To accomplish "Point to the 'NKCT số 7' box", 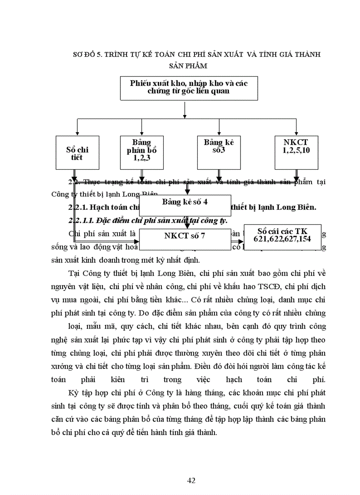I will click(185, 236).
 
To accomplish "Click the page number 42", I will click(191, 480).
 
